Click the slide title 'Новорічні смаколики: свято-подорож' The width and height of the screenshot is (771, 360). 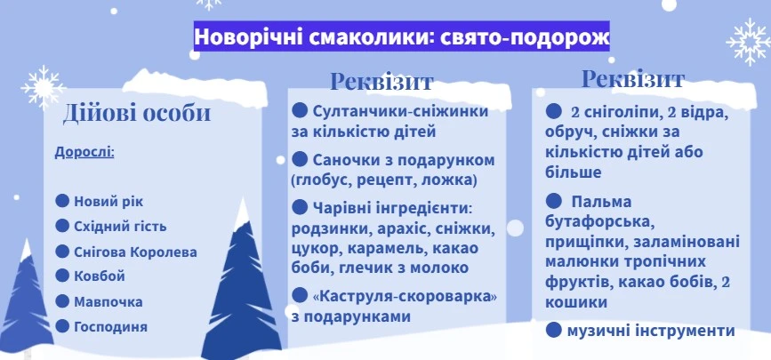pos(402,38)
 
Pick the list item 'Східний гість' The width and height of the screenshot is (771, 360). pos(119,226)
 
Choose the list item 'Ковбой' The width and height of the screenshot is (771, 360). pos(99,276)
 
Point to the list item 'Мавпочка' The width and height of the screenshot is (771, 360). pos(108,301)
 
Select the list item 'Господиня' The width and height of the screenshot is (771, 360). pos(110,326)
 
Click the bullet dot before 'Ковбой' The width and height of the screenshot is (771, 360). pos(62,276)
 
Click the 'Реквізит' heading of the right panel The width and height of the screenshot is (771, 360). pos(632,78)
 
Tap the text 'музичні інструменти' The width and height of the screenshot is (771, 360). pos(651,331)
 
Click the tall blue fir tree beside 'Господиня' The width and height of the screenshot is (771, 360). pos(242,284)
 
